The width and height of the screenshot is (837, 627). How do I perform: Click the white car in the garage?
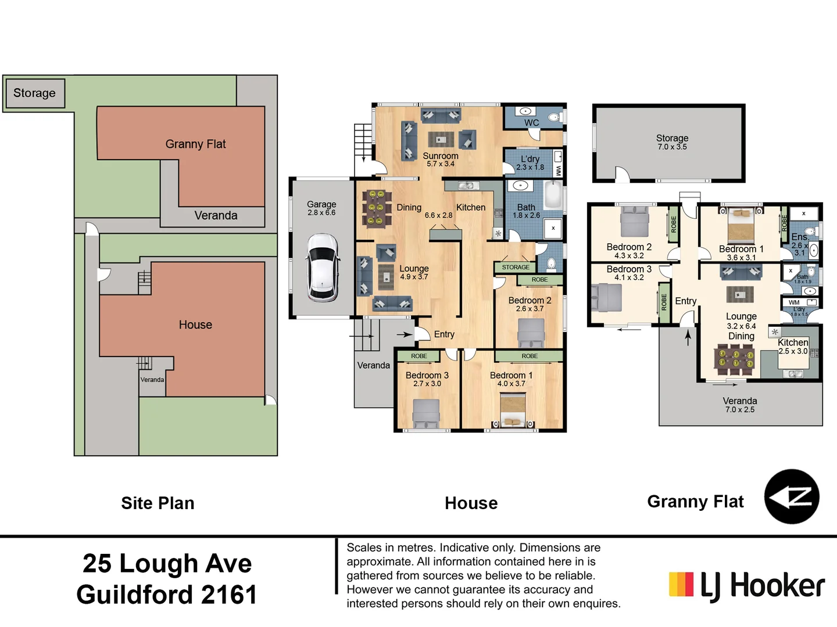coord(323,267)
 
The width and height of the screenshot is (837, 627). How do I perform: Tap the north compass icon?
coord(791,497)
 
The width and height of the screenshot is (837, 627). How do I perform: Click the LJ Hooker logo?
coord(746,585)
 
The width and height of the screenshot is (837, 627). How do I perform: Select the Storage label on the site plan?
coord(34,93)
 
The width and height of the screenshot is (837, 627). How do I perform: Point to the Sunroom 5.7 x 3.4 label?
coord(441,160)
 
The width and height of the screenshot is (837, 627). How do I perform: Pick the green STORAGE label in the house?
coord(516,267)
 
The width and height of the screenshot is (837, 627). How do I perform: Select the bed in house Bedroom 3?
coord(426,413)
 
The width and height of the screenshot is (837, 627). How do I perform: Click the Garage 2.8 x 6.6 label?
coord(321,208)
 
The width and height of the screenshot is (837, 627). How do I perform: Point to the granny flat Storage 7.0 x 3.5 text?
coord(672,142)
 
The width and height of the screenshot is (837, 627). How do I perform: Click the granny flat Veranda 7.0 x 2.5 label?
coord(739,405)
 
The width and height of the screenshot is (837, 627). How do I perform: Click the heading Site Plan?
coord(158,503)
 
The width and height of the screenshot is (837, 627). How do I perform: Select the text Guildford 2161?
coord(167,594)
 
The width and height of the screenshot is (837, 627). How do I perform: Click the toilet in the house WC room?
coord(554,117)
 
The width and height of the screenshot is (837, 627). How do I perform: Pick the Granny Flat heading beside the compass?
coord(695,501)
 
